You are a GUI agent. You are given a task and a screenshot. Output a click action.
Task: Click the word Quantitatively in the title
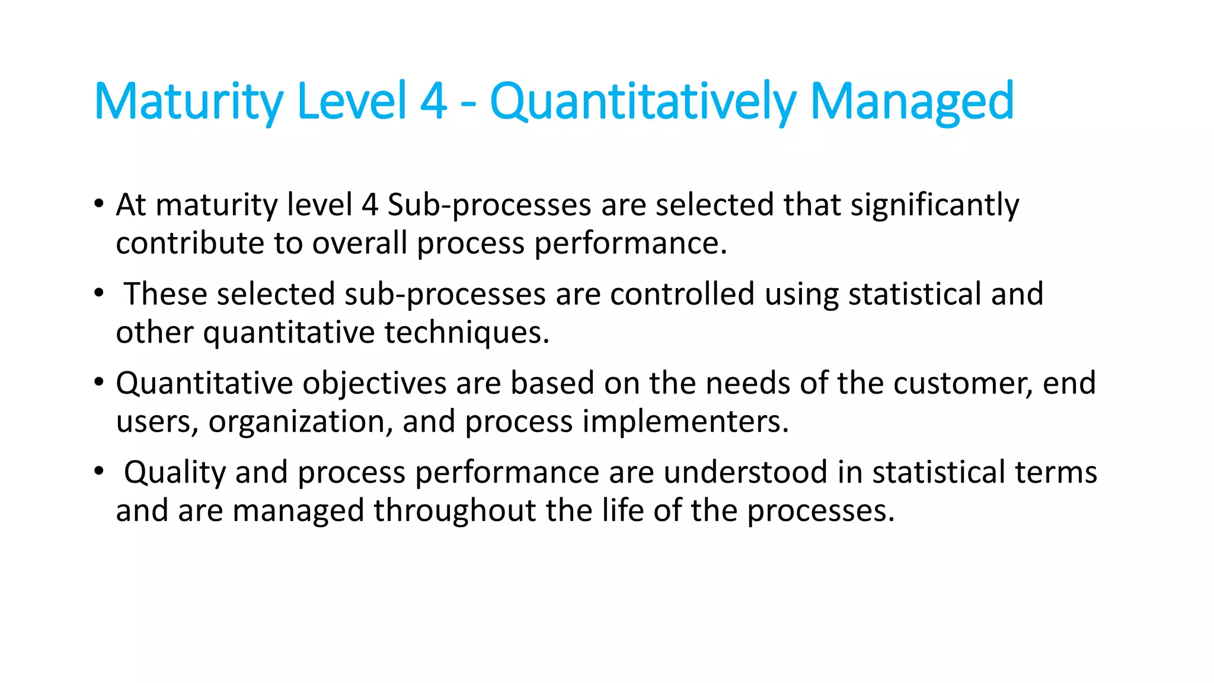point(643,102)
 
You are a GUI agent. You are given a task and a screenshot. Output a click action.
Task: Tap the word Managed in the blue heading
point(912,102)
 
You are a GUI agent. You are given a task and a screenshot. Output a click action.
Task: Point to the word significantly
point(935,205)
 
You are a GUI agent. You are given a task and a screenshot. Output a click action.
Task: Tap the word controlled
point(682,294)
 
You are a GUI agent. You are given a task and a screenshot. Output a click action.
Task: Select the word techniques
point(467,332)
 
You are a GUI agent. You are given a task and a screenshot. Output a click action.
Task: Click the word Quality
point(175,473)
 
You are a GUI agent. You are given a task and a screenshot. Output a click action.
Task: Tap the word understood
point(745,473)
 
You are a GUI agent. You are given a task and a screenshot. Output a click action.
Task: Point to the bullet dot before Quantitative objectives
point(99,382)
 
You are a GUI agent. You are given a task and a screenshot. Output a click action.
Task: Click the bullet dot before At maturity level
point(99,203)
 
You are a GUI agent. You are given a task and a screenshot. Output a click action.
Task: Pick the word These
point(165,294)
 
